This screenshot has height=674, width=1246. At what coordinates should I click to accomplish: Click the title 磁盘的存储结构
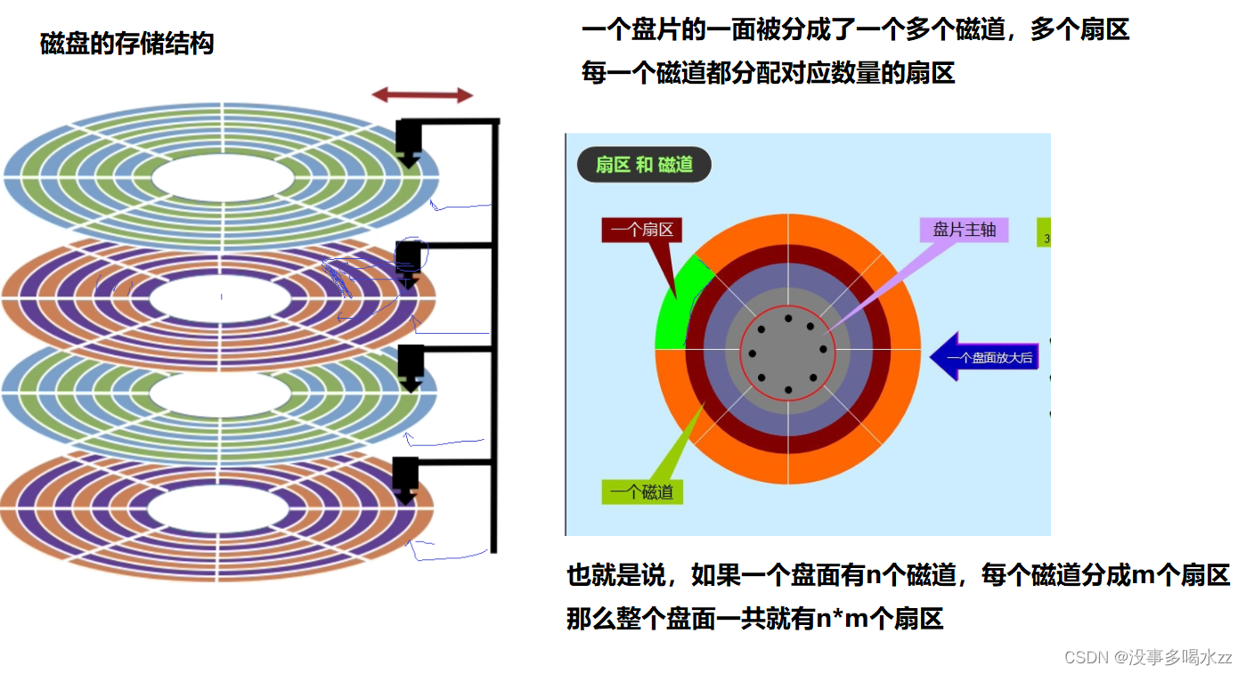127,43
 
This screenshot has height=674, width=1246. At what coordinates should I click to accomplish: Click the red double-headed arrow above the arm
422,95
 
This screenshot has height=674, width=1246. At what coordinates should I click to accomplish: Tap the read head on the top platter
408,143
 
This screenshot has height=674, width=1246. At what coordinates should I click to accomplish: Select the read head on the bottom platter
405,480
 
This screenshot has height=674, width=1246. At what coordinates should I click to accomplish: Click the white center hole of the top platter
223,178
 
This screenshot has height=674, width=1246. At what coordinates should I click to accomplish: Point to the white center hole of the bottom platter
218,511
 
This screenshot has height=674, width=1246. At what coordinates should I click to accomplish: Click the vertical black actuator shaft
494,338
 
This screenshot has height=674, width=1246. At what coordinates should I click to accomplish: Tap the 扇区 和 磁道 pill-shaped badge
644,165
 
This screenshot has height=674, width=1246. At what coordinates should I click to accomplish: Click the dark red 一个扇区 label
641,230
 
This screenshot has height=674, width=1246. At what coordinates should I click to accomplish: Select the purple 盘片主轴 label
964,230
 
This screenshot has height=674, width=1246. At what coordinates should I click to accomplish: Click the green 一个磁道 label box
643,492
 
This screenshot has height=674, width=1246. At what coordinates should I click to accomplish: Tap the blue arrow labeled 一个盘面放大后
984,357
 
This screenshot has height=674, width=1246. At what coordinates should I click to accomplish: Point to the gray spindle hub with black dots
788,352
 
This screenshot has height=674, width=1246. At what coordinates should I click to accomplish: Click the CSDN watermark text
1148,657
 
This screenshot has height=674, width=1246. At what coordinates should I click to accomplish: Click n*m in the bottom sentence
842,618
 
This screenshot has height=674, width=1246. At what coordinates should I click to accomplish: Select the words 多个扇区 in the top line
1079,30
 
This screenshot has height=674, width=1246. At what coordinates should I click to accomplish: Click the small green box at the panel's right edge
1045,232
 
